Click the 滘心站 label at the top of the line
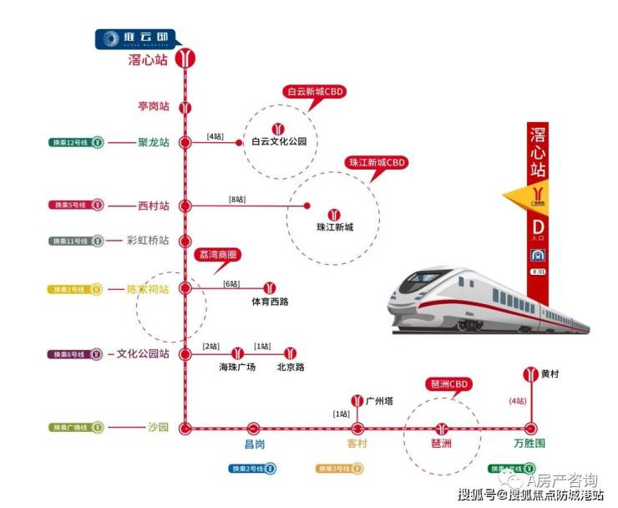point(148,60)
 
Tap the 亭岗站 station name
point(154,107)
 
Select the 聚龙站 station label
point(154,142)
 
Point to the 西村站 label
point(154,206)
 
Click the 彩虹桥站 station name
point(147,241)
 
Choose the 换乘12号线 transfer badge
point(75,142)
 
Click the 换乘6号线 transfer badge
point(76,354)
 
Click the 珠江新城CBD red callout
point(375,162)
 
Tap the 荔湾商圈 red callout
point(217,254)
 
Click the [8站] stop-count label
point(237,200)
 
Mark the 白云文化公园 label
point(279,142)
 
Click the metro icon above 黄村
point(529,373)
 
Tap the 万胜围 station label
point(529,443)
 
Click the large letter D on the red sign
point(539,226)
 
